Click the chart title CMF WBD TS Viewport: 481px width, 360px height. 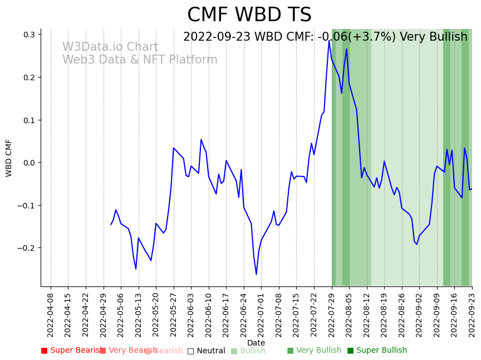(x=249, y=15)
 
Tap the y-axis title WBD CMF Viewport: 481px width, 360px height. (x=9, y=158)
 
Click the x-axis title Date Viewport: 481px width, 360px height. (x=256, y=343)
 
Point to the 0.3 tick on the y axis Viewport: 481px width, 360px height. (x=29, y=35)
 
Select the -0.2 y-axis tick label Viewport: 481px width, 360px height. (x=26, y=248)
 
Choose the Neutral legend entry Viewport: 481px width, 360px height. (x=206, y=351)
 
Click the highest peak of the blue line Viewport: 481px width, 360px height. (x=330, y=40)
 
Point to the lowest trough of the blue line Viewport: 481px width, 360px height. (x=257, y=274)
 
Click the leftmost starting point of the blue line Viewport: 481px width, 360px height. (x=111, y=225)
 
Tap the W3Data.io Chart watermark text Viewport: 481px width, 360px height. (x=110, y=47)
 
